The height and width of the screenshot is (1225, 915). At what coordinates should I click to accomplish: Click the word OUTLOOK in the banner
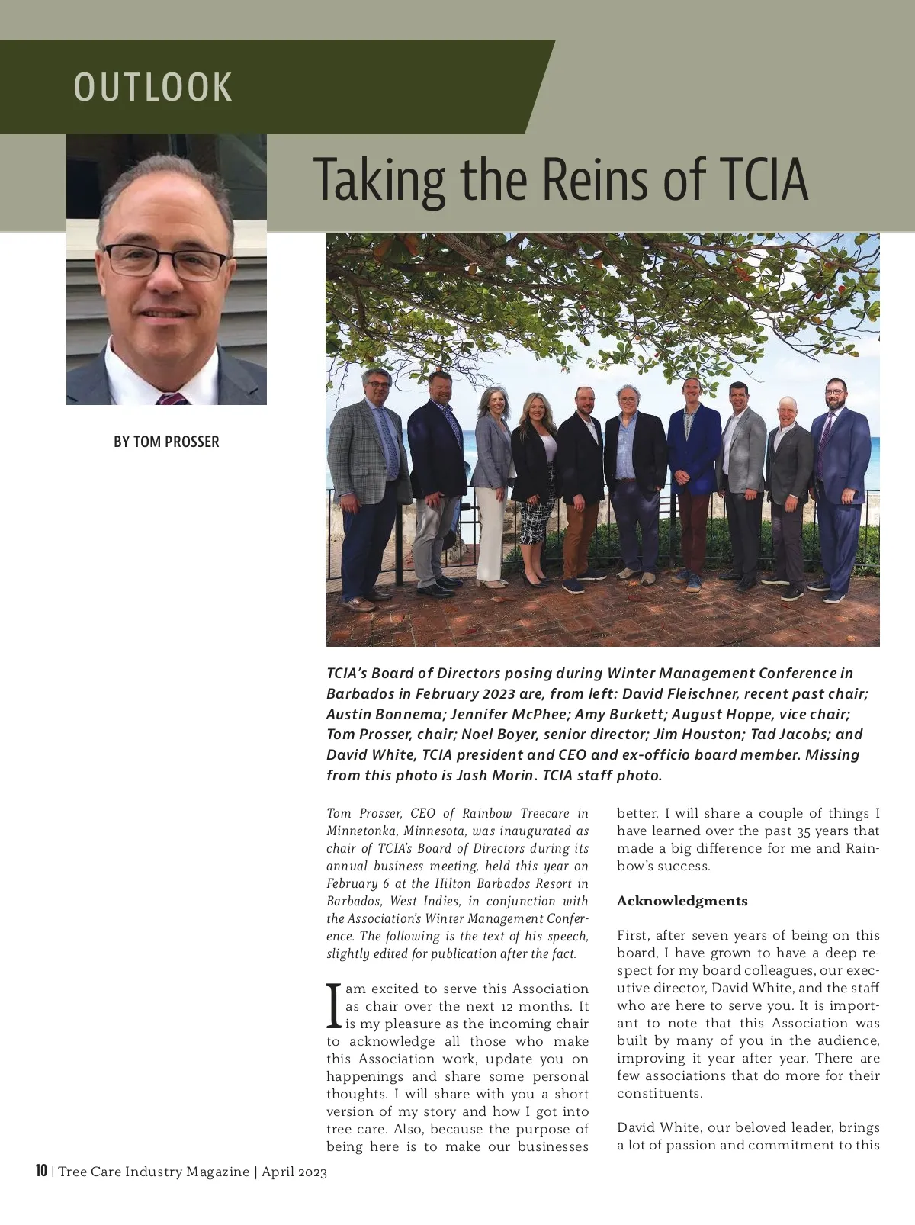pyautogui.click(x=152, y=87)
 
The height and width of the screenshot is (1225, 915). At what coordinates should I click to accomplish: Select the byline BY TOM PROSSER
pyautogui.click(x=166, y=442)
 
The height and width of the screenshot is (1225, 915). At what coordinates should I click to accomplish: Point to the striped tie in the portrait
pyautogui.click(x=172, y=398)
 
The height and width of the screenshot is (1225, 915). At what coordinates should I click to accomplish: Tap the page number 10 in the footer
pyautogui.click(x=41, y=1171)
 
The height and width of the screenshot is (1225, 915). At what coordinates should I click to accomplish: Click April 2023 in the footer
pyautogui.click(x=294, y=1172)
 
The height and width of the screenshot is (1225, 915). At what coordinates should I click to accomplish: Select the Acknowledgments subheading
pyautogui.click(x=682, y=901)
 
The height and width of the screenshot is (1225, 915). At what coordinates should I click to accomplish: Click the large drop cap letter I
pyautogui.click(x=333, y=1006)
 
